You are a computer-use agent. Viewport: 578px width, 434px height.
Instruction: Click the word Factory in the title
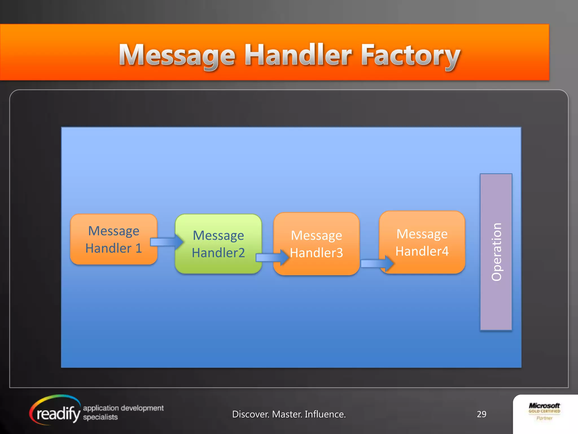pyautogui.click(x=410, y=55)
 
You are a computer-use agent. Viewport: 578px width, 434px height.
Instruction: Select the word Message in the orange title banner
pyautogui.click(x=177, y=55)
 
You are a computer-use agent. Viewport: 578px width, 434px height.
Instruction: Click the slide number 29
pyautogui.click(x=481, y=414)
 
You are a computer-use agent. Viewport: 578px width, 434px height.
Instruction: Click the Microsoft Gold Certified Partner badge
pyautogui.click(x=544, y=412)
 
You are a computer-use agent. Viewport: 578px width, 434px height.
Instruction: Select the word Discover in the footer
pyautogui.click(x=250, y=414)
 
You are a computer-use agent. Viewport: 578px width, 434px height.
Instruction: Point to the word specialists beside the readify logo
pyautogui.click(x=100, y=417)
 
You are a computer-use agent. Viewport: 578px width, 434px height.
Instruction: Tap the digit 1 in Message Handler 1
pyautogui.click(x=138, y=248)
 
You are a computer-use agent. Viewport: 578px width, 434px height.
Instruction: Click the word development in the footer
pyautogui.click(x=143, y=408)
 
